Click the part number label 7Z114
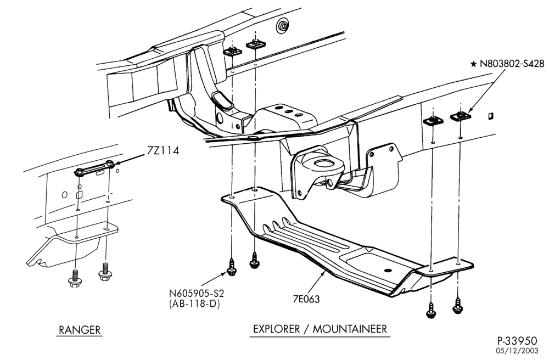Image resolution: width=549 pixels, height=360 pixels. [163, 151]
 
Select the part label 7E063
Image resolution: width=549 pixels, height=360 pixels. [306, 299]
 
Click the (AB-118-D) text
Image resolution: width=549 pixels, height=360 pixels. [194, 304]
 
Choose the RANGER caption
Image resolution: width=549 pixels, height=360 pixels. [80, 330]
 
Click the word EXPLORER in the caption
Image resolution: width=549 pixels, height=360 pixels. [277, 329]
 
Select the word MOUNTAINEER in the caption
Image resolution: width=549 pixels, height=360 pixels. [350, 329]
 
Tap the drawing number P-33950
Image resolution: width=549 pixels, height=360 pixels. [517, 341]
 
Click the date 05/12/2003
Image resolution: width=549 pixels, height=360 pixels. [517, 351]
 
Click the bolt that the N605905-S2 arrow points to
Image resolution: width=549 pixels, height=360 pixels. [232, 267]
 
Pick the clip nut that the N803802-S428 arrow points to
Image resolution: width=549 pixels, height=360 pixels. [460, 115]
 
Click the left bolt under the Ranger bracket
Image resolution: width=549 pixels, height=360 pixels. [74, 278]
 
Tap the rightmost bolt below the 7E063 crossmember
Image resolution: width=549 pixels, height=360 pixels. [457, 305]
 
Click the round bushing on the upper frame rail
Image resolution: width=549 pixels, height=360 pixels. [282, 26]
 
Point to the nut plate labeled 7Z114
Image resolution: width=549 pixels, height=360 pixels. [94, 168]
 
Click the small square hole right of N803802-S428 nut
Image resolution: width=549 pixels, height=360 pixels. [490, 115]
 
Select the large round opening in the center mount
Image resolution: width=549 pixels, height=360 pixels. [323, 163]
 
